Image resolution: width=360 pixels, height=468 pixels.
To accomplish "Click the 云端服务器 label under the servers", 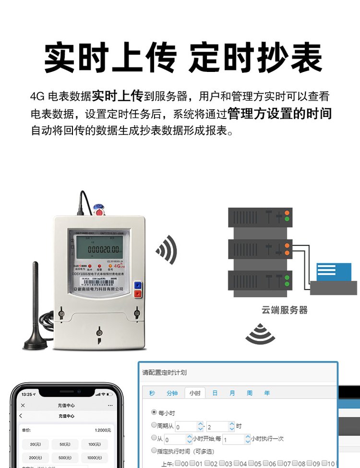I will [x=285, y=310].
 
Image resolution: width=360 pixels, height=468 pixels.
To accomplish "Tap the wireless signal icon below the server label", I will [x=260, y=335].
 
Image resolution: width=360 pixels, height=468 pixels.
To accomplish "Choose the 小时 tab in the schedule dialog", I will [x=194, y=393].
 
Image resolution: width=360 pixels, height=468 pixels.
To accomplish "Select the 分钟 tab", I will [x=172, y=393].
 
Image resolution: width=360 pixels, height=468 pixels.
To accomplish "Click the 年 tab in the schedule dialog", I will [x=267, y=393].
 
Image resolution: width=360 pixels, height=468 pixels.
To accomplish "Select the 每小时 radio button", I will [x=154, y=412].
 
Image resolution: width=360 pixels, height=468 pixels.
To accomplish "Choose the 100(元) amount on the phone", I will [x=94, y=444].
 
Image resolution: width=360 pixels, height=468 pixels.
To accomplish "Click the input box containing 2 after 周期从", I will [x=216, y=426].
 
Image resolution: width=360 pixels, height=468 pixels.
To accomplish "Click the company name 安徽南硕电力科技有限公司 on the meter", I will [x=99, y=289].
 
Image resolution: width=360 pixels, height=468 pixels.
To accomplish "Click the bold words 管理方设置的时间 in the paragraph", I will [x=279, y=114].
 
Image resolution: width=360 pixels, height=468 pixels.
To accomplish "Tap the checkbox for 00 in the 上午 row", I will [x=178, y=463].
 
